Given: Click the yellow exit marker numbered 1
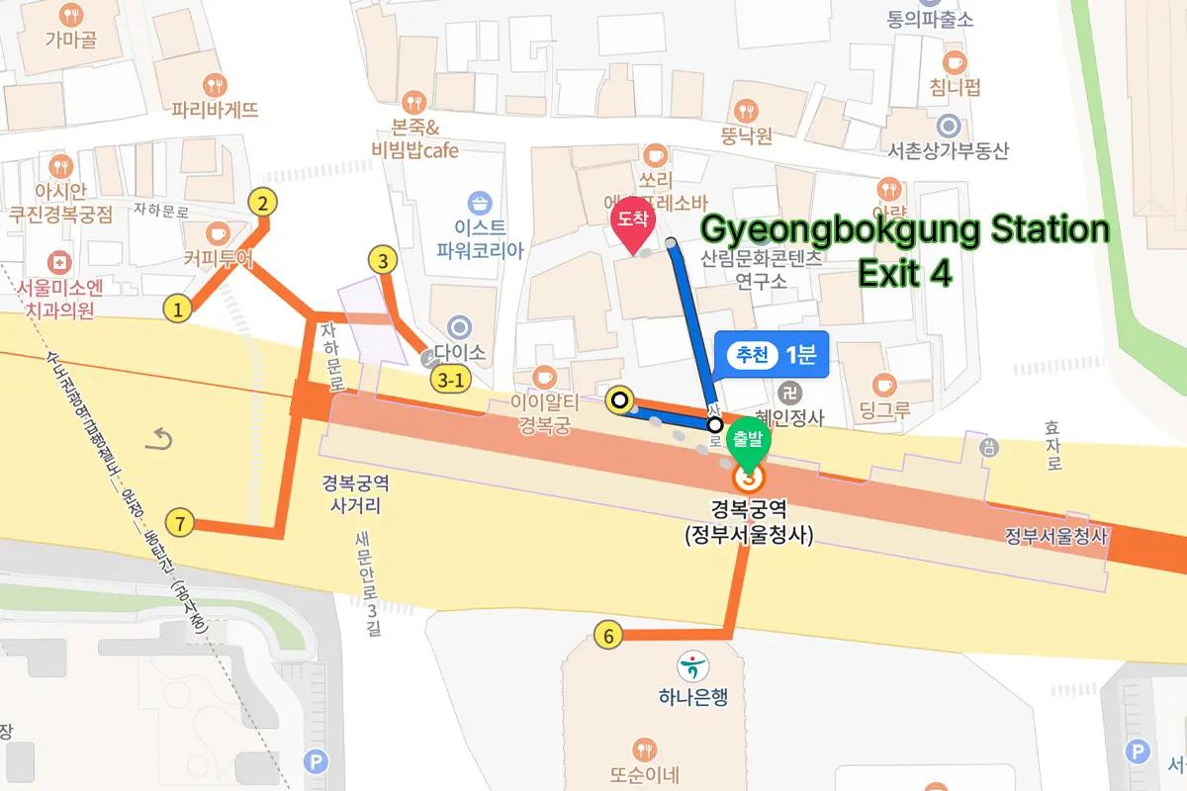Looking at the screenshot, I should coord(177,309).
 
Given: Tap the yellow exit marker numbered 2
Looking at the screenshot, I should coord(262,204).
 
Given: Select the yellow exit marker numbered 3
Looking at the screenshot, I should coord(382,261).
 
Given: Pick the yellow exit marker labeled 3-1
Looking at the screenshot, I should coord(448,379).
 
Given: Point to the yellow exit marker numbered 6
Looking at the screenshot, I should coord(608,636).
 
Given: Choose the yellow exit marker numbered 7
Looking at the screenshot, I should coord(179,522).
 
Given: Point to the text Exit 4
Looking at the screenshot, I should coord(904,275).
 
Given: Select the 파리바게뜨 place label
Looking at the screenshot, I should coord(215,109).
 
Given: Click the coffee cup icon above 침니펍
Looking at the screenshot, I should coord(954,62).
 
